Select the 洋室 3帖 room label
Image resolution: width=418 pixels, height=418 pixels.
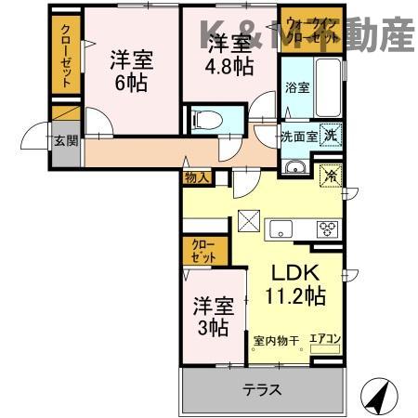point(212,316)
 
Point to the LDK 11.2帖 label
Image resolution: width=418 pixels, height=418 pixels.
point(295,285)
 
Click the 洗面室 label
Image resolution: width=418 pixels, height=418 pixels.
point(299,136)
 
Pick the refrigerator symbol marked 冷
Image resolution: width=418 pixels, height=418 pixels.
point(329,175)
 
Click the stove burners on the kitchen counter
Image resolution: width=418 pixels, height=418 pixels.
point(327,228)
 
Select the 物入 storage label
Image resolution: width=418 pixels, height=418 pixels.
point(196,176)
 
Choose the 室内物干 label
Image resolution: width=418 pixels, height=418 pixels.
point(276,339)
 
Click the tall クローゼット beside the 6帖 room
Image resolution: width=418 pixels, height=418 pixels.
point(64,54)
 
